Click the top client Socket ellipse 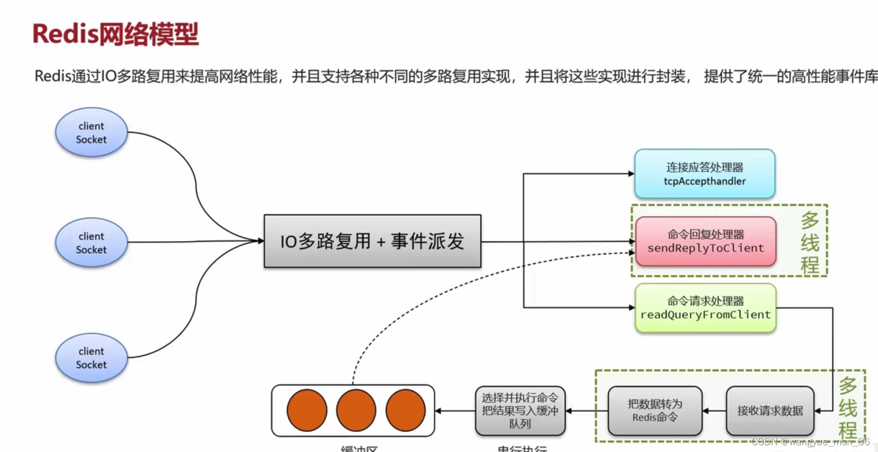point(91,133)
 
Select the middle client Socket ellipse point(91,242)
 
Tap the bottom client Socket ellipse point(91,358)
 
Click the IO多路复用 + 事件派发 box point(372,241)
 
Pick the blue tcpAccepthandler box point(704,174)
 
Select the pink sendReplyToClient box point(705,241)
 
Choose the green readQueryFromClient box point(705,308)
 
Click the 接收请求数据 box point(770,411)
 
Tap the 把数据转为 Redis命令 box point(655,411)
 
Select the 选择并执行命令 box point(519,411)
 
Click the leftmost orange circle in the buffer point(307,410)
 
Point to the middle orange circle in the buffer point(356,410)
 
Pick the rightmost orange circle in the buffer point(405,410)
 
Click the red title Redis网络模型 point(116,34)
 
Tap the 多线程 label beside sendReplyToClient point(810,242)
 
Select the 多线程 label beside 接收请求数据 point(847,408)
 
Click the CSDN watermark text point(810,442)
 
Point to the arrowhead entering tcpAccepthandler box point(631,174)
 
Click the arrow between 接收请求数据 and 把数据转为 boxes point(714,411)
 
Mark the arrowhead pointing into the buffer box point(438,411)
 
